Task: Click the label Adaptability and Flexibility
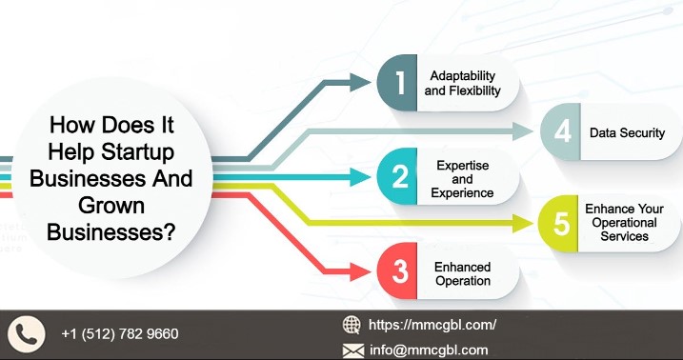(462, 83)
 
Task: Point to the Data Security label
(627, 132)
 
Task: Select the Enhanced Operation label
(462, 273)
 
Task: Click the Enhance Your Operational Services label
(624, 222)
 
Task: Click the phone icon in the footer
(28, 334)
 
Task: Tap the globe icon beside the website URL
(352, 325)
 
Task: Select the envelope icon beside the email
(352, 350)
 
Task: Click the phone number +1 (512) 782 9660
(119, 334)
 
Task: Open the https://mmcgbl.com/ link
(432, 325)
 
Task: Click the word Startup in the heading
(142, 151)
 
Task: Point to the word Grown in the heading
(112, 204)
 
